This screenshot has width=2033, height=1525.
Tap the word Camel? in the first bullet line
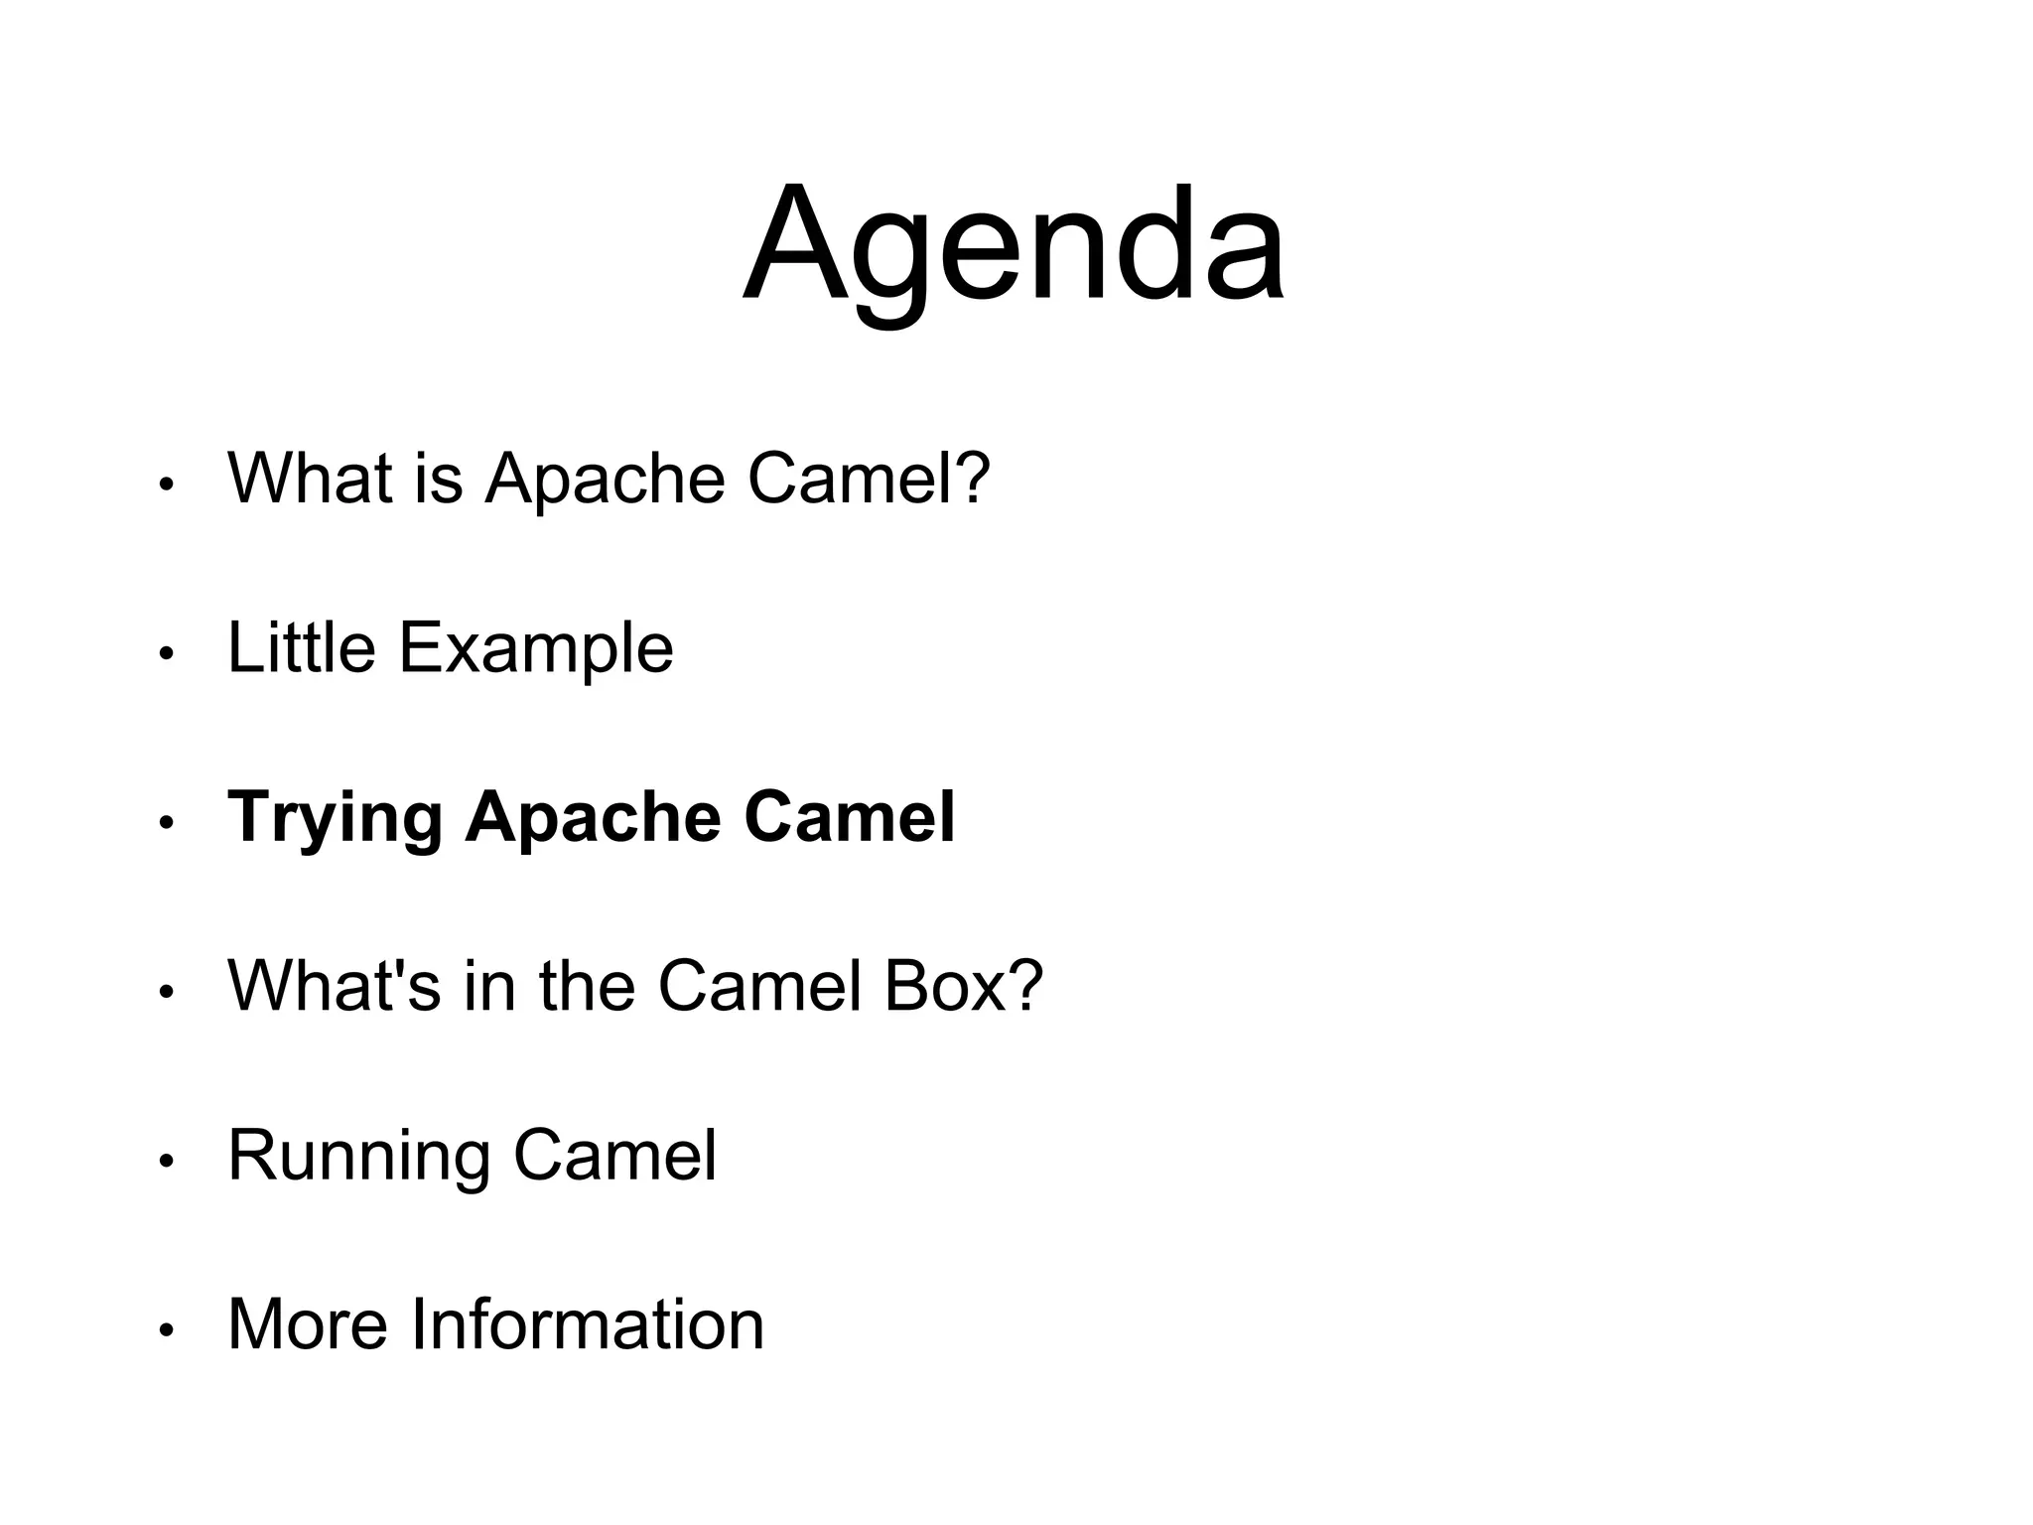(x=869, y=479)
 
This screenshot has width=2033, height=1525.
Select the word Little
(x=302, y=648)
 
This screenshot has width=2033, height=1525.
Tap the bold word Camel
(x=849, y=818)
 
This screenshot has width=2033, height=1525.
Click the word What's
(x=334, y=986)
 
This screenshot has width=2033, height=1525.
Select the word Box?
(x=963, y=986)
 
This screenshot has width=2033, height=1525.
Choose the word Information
(x=588, y=1324)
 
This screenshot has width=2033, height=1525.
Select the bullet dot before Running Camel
(x=167, y=1162)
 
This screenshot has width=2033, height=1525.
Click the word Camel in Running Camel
(x=614, y=1156)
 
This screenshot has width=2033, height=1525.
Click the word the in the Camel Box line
(x=587, y=986)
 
